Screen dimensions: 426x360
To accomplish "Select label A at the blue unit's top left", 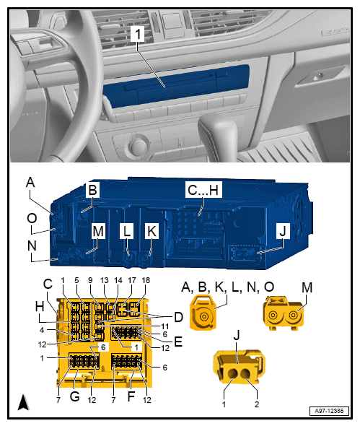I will point(30,183).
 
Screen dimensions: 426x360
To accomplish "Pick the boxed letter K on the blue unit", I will point(152,231).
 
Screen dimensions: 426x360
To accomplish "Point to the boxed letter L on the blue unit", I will point(127,231).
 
